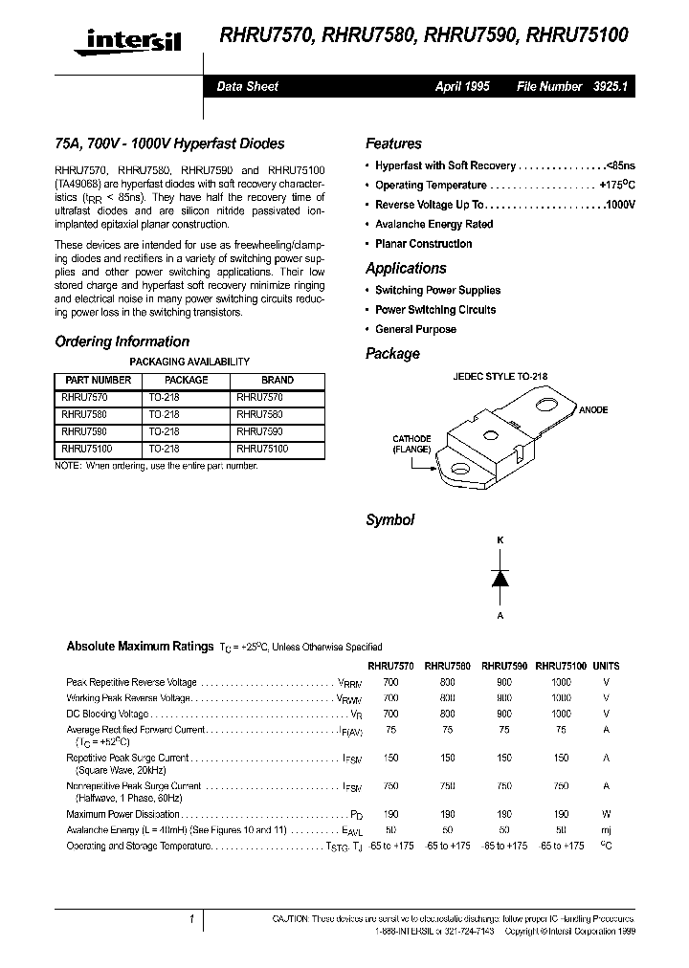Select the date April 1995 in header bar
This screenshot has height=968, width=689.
click(x=462, y=86)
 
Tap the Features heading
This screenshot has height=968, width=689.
click(x=393, y=143)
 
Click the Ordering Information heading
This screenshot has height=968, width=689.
click(x=122, y=341)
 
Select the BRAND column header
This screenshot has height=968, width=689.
click(x=278, y=380)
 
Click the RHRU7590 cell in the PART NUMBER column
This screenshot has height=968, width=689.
click(x=82, y=431)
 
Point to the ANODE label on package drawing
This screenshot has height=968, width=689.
click(x=593, y=409)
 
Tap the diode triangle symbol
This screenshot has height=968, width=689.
click(x=499, y=578)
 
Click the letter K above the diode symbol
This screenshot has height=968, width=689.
click(x=499, y=540)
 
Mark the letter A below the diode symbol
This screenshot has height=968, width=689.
click(x=499, y=616)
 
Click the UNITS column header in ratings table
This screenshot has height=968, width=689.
click(x=606, y=665)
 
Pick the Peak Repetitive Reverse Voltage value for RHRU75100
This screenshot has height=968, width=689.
click(x=561, y=682)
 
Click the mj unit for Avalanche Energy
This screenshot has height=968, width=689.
click(x=606, y=830)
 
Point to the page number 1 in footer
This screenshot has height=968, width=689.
click(x=191, y=920)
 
